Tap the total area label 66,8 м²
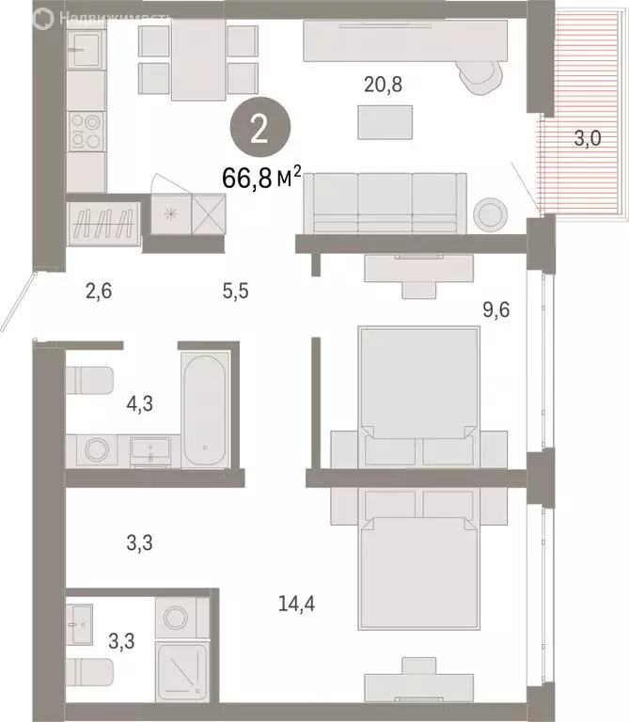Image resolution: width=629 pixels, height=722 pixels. pyautogui.click(x=261, y=178)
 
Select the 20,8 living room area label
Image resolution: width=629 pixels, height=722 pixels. pyautogui.click(x=385, y=84)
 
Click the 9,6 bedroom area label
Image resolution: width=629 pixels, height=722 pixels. pyautogui.click(x=495, y=306)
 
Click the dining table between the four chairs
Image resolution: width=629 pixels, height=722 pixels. pyautogui.click(x=197, y=61)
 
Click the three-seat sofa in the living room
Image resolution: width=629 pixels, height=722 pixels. pyautogui.click(x=385, y=201)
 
